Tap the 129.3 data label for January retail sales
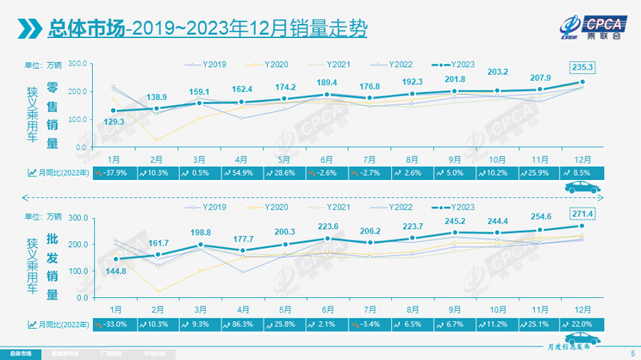click(114, 122)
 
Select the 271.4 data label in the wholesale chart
click(582, 212)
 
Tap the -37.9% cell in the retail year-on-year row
click(114, 173)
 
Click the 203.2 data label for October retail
click(499, 72)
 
